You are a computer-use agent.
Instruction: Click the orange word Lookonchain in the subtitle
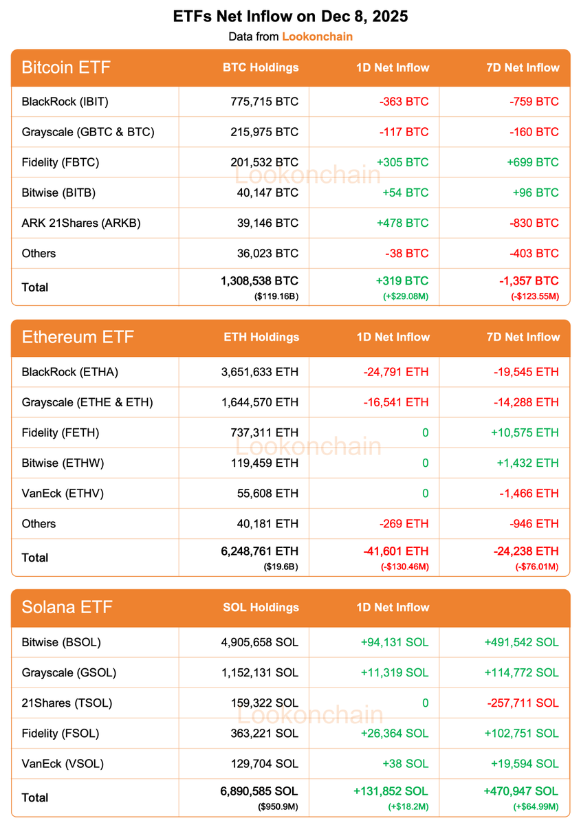[x=317, y=36]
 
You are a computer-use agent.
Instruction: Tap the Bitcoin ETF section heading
[x=66, y=67]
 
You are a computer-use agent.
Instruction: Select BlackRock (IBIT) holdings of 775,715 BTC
[x=265, y=102]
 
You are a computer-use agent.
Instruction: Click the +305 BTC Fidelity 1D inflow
[x=402, y=162]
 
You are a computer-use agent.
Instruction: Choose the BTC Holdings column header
[x=261, y=67]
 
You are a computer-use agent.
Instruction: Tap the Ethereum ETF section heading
[x=78, y=338]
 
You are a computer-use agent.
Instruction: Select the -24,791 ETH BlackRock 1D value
[x=396, y=372]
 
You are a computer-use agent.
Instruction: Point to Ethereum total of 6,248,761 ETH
[x=260, y=551]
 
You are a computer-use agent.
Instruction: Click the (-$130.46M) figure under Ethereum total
[x=404, y=566]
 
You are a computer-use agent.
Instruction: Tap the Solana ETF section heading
[x=66, y=608]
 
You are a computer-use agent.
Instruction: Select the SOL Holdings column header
[x=261, y=608]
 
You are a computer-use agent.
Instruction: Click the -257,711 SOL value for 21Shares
[x=524, y=703]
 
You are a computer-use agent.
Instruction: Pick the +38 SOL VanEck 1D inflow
[x=402, y=763]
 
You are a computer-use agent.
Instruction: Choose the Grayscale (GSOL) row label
[x=69, y=672]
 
